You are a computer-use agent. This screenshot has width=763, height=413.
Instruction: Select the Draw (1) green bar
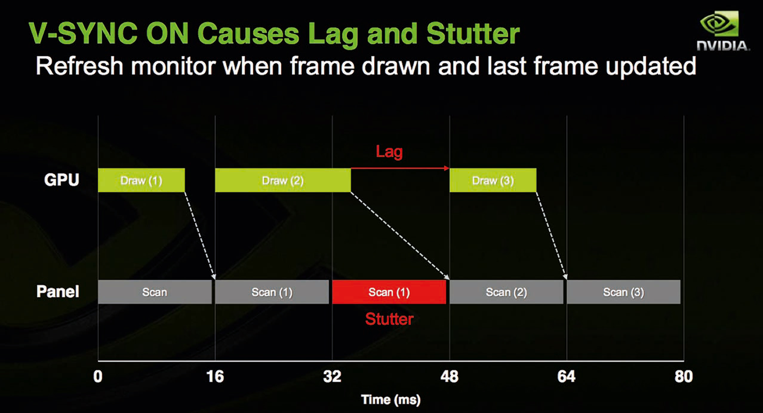click(x=141, y=180)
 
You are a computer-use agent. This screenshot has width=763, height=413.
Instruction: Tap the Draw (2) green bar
click(x=283, y=180)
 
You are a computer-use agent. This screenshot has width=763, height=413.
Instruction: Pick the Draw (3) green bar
click(x=493, y=180)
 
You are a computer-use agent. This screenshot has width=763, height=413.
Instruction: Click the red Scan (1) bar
click(x=389, y=292)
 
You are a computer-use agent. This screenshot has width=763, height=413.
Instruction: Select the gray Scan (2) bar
click(x=506, y=292)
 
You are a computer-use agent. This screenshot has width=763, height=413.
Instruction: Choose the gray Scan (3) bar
click(x=624, y=292)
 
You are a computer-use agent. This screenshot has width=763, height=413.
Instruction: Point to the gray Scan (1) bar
click(x=272, y=292)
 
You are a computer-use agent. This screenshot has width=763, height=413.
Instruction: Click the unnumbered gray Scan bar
click(x=155, y=292)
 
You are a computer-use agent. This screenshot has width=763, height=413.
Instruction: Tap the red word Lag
click(x=389, y=152)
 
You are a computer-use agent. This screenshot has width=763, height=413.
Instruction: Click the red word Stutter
click(x=389, y=319)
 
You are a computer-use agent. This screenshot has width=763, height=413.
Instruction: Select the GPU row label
click(x=61, y=180)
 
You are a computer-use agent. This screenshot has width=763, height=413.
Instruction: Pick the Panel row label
click(x=58, y=291)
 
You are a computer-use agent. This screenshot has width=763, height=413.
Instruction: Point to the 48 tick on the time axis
click(x=449, y=377)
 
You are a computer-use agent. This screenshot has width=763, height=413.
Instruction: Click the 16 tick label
click(x=215, y=377)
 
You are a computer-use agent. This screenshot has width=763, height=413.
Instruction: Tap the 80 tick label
click(x=684, y=377)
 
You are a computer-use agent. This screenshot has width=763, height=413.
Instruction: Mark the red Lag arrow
click(x=400, y=168)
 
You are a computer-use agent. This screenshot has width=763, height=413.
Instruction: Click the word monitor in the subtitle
click(x=173, y=66)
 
